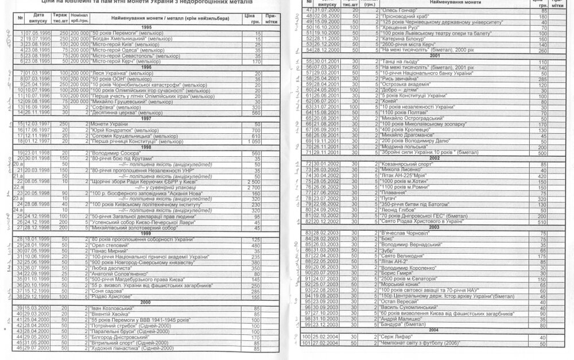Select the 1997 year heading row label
coord(146,118)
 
